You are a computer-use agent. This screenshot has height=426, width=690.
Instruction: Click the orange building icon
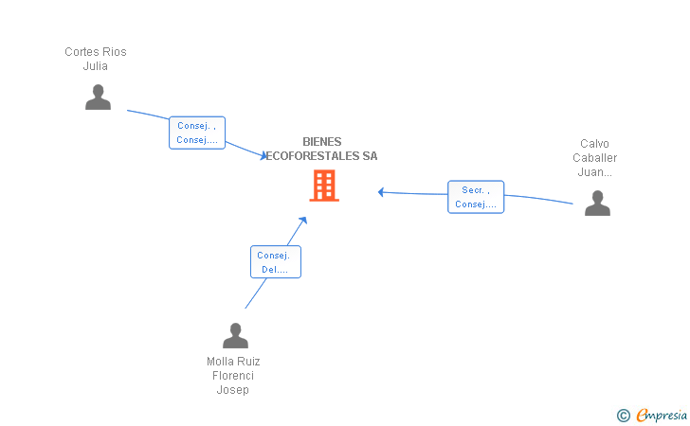pyautogui.click(x=324, y=186)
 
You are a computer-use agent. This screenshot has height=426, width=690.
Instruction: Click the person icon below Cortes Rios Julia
pyautogui.click(x=98, y=98)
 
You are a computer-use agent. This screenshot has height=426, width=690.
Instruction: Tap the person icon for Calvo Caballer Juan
pyautogui.click(x=597, y=204)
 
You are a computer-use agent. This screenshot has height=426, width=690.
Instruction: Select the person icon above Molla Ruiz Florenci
pyautogui.click(x=235, y=335)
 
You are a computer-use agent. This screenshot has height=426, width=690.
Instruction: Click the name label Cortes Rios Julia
pyautogui.click(x=95, y=59)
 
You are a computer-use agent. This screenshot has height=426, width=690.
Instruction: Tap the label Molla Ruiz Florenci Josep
pyautogui.click(x=233, y=376)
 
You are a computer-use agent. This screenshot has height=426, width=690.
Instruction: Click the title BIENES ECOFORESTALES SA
pyautogui.click(x=322, y=149)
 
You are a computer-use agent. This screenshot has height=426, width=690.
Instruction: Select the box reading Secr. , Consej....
pyautogui.click(x=476, y=197)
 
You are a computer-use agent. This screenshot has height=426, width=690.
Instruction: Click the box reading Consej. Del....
pyautogui.click(x=276, y=262)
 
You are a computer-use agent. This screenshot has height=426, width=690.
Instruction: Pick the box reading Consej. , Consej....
pyautogui.click(x=197, y=133)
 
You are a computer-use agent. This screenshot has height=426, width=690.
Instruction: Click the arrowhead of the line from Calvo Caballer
pyautogui.click(x=381, y=192)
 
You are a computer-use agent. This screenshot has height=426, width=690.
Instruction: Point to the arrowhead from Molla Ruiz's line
pyautogui.click(x=303, y=220)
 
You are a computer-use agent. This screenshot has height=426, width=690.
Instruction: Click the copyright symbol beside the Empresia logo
pyautogui.click(x=623, y=415)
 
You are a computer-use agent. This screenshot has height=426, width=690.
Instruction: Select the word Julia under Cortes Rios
pyautogui.click(x=95, y=66)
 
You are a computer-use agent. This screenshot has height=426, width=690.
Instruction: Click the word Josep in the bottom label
pyautogui.click(x=233, y=390)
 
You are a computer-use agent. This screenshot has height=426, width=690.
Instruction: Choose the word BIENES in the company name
pyautogui.click(x=322, y=142)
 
